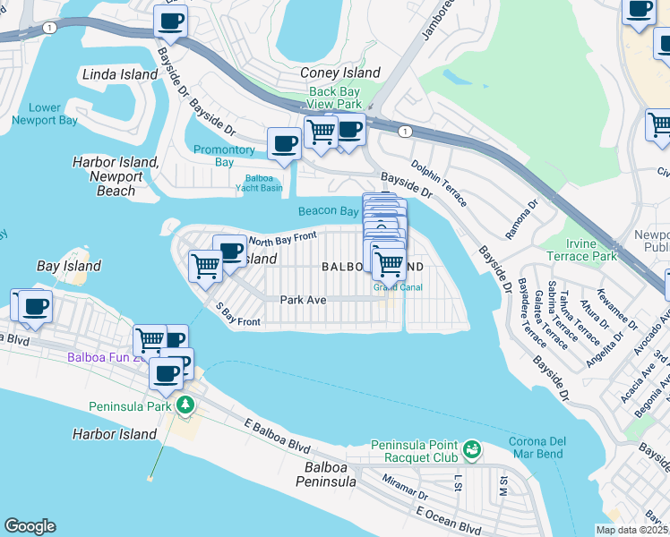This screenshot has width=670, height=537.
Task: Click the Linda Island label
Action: tap(119, 74)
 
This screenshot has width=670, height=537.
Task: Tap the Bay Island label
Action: tap(69, 266)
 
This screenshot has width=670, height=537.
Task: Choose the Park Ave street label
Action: tap(302, 301)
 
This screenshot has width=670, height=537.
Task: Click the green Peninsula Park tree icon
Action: tap(185, 405)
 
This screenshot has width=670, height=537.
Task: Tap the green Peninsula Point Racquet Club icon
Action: tap(472, 447)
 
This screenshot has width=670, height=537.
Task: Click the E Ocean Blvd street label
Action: tap(446, 519)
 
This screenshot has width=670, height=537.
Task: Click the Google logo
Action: tap(30, 526)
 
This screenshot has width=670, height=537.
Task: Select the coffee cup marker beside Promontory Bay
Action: tap(285, 143)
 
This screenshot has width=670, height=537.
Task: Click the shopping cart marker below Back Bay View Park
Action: tap(321, 132)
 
